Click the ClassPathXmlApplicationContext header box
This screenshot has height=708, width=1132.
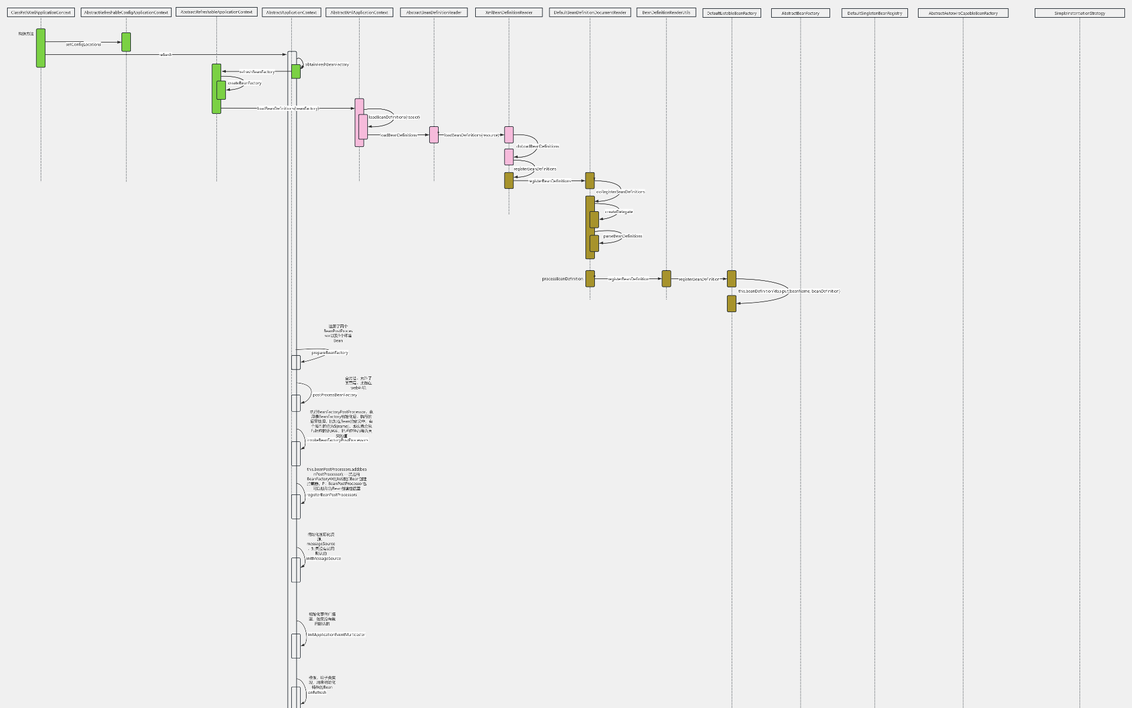41,12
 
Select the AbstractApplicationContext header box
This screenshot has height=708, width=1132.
291,12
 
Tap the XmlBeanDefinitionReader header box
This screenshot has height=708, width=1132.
509,12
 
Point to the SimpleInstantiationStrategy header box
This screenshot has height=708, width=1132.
1080,13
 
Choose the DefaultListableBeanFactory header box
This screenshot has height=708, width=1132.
732,13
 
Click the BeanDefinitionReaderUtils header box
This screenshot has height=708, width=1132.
666,12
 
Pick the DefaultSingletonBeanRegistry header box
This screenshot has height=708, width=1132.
874,13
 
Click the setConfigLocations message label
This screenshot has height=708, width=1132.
83,44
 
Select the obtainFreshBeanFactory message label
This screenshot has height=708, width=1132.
327,64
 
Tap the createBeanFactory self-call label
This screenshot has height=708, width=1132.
245,83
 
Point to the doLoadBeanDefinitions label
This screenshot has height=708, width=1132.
538,146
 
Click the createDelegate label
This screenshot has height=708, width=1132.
619,212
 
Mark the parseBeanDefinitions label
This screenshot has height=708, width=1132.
623,236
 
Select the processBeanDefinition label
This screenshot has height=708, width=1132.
562,279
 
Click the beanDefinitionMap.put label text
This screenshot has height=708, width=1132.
789,291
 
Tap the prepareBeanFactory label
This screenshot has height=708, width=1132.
330,353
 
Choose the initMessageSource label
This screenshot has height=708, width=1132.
324,558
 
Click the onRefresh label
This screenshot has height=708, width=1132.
317,692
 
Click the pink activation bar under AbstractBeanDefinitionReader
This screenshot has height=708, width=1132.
434,135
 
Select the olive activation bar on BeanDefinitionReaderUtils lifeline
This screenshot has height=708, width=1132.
666,278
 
